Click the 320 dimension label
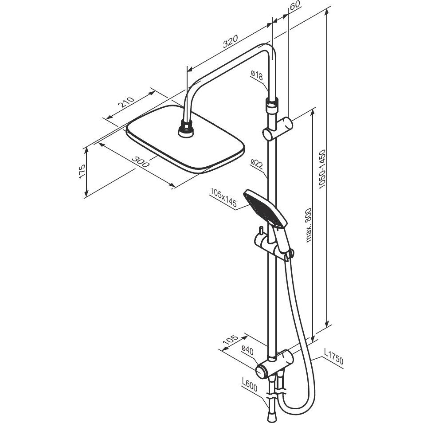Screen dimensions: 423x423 coord(231,41)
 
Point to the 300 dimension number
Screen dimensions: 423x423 coord(140,161)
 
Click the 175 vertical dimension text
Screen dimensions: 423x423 coord(82,171)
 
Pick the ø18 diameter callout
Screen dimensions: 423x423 coord(257,75)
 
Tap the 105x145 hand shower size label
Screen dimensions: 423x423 coord(223,198)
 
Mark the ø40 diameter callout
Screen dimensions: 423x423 coord(247,351)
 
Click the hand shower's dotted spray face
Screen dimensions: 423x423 coord(259,208)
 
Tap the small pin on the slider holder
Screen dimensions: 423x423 coord(261,231)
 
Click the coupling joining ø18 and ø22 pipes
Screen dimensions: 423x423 coord(271,105)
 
